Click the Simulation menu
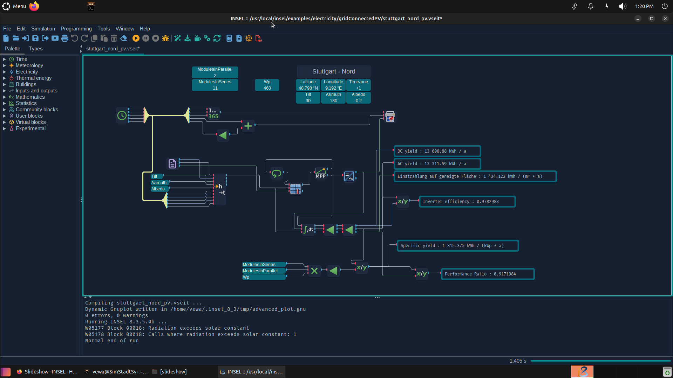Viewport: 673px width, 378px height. pos(43,29)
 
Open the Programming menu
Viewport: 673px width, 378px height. pos(76,29)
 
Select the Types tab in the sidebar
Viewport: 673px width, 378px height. pos(35,49)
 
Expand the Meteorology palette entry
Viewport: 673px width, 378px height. pos(29,65)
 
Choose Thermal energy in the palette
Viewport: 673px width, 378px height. pos(34,78)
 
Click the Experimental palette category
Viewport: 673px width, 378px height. pos(30,128)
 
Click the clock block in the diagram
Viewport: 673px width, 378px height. pos(122,115)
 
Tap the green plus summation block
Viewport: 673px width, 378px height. pos(248,126)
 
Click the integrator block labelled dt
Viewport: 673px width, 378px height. pos(308,230)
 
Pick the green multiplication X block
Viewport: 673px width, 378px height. pos(314,271)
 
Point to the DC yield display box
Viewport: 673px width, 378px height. pos(437,151)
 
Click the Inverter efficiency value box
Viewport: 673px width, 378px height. pos(467,202)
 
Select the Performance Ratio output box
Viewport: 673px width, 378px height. pos(488,274)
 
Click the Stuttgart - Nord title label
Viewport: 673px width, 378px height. pos(334,71)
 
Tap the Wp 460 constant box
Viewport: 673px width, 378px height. pos(267,85)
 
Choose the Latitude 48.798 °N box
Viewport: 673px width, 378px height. pos(308,85)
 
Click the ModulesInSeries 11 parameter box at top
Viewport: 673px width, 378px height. pos(215,85)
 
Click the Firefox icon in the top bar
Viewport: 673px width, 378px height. pos(34,6)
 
